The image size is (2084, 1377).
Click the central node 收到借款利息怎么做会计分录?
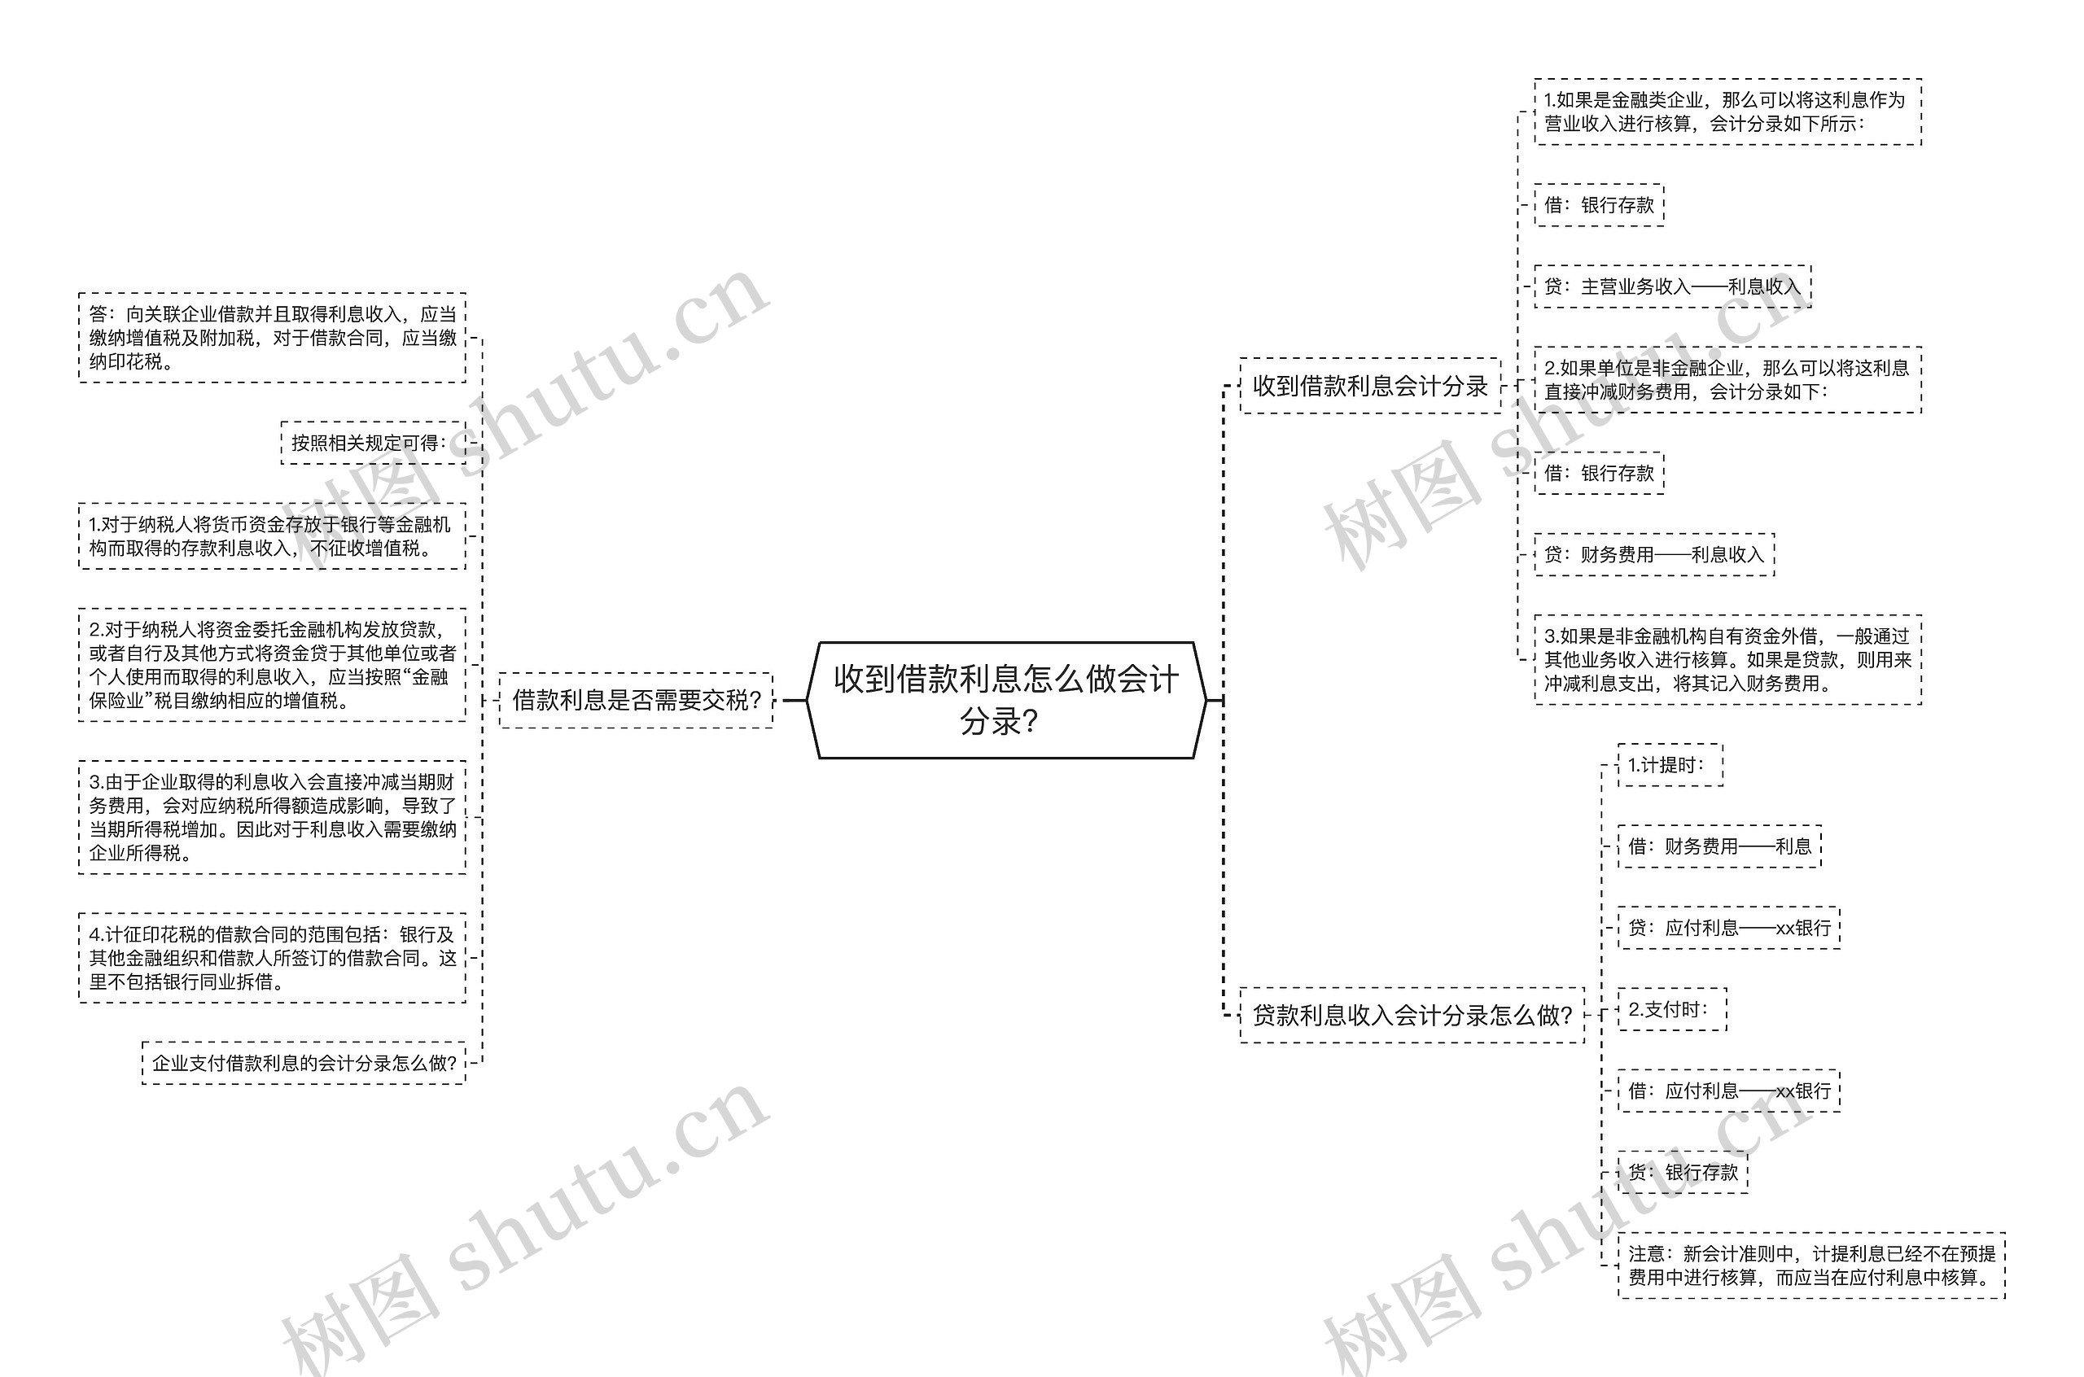click(x=1005, y=700)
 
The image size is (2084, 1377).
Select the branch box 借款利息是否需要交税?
click(x=636, y=700)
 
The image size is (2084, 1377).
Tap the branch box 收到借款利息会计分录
click(x=1369, y=386)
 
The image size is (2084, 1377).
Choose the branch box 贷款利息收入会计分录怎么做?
click(x=1412, y=1015)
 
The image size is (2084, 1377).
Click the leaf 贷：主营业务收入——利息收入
click(x=1672, y=286)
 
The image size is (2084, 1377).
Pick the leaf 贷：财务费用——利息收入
click(x=1653, y=554)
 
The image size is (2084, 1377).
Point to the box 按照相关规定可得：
click(x=372, y=443)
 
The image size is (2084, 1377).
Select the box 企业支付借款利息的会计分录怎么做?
click(x=304, y=1063)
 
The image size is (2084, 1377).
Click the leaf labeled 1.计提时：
click(x=1670, y=765)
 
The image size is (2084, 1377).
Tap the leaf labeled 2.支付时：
click(x=1671, y=1009)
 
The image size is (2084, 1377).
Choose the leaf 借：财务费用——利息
click(x=1718, y=846)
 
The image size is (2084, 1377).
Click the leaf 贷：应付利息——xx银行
click(x=1728, y=928)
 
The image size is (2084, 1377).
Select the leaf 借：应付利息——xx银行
click(x=1728, y=1091)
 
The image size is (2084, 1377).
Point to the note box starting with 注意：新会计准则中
click(x=1810, y=1266)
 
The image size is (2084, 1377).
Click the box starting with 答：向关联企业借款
click(x=272, y=338)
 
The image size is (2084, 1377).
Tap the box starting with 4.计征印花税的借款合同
click(x=272, y=958)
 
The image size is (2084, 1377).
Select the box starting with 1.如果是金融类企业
click(x=1727, y=111)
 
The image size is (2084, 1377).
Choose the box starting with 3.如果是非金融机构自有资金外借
click(x=1727, y=659)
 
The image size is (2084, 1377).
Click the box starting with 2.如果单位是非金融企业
click(x=1727, y=379)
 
